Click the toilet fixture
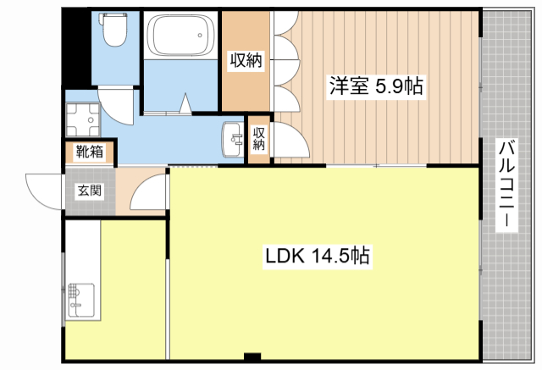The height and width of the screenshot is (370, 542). coord(112,33)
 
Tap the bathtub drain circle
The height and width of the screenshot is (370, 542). coord(202,36)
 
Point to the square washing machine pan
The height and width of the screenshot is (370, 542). coord(82,120)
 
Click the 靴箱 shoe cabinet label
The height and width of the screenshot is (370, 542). coord(89,153)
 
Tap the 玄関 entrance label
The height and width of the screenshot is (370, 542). coord(89,191)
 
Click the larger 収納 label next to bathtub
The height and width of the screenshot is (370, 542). coord(246,61)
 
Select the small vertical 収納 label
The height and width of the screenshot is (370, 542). coord(259,138)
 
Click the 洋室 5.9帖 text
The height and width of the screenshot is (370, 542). coord(376,86)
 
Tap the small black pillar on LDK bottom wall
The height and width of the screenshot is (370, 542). coord(252,356)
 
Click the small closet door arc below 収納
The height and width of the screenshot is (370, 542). coord(285,141)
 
